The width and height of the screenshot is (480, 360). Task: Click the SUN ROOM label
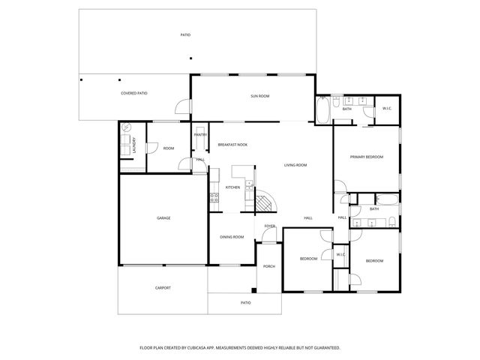259,97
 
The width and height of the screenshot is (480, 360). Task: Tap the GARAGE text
163,218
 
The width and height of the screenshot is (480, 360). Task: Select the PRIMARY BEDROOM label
367,157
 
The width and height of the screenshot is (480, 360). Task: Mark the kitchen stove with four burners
214,198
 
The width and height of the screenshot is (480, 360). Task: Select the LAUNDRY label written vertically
135,145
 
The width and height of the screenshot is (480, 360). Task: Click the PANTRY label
201,135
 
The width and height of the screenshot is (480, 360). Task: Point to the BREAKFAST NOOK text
232,144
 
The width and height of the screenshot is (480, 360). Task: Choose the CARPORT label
163,288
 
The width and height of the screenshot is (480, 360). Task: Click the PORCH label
268,266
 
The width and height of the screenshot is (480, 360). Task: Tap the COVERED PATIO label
133,94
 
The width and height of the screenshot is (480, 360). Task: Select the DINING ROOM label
232,237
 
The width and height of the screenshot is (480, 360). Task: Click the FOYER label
269,226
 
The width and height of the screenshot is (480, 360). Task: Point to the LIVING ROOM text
295,165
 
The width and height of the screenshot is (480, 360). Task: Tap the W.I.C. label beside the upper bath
387,109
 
